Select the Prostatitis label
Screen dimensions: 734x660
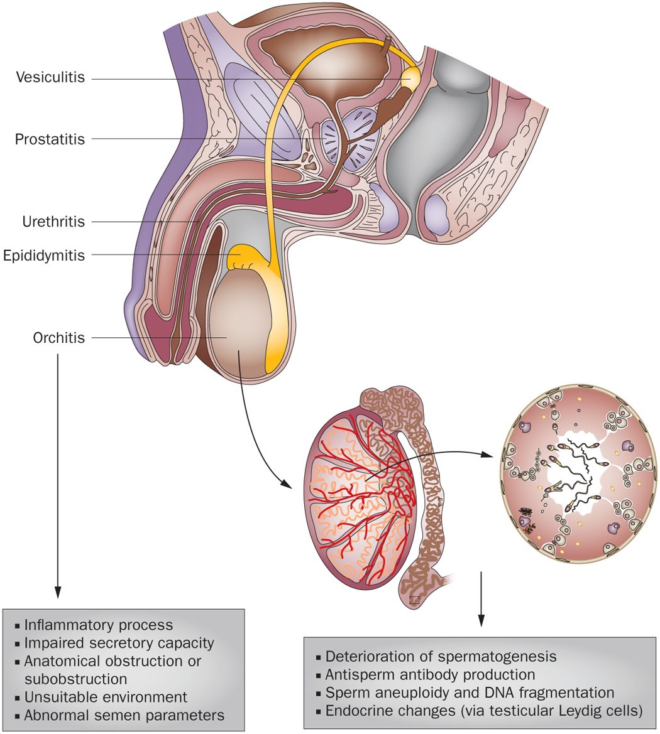click(x=50, y=139)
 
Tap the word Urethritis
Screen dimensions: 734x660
click(x=53, y=221)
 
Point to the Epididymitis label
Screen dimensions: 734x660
click(x=43, y=255)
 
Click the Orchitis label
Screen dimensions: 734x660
click(x=58, y=338)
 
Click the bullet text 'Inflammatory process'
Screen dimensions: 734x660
click(x=98, y=625)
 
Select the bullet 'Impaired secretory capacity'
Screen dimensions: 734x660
click(x=119, y=643)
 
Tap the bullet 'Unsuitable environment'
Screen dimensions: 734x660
click(x=106, y=697)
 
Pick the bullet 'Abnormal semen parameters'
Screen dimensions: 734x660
click(x=124, y=715)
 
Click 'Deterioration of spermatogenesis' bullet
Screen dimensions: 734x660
click(x=441, y=657)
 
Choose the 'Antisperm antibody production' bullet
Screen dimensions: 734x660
click(x=430, y=675)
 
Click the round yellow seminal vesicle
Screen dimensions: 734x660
click(x=411, y=78)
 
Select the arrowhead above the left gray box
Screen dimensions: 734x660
click(x=58, y=592)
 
